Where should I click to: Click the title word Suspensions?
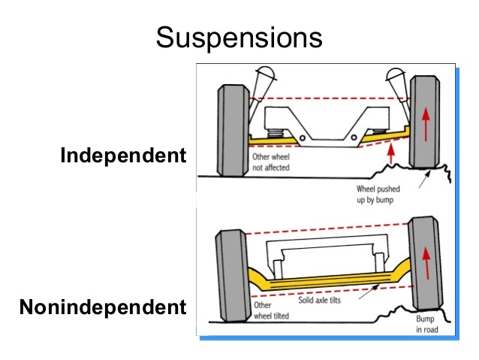coord(239,38)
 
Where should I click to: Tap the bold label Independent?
coord(123,156)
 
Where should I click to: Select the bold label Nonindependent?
coord(103,307)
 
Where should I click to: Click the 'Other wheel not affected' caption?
coord(271,162)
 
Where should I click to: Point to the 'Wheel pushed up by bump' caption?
coord(378,195)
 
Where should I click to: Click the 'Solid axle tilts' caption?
coord(319,300)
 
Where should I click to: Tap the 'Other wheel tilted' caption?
coord(271,310)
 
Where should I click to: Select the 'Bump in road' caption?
coord(427,324)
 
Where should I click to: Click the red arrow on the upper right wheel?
coord(426,126)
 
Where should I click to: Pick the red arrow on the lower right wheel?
coord(426,263)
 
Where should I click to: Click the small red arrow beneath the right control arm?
coord(390,155)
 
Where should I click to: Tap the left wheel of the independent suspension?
coord(233,131)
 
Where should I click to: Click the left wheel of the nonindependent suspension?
coord(231,276)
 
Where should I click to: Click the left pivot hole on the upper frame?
coord(303,138)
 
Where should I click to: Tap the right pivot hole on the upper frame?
coord(354,138)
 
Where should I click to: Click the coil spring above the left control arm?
coord(276,133)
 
